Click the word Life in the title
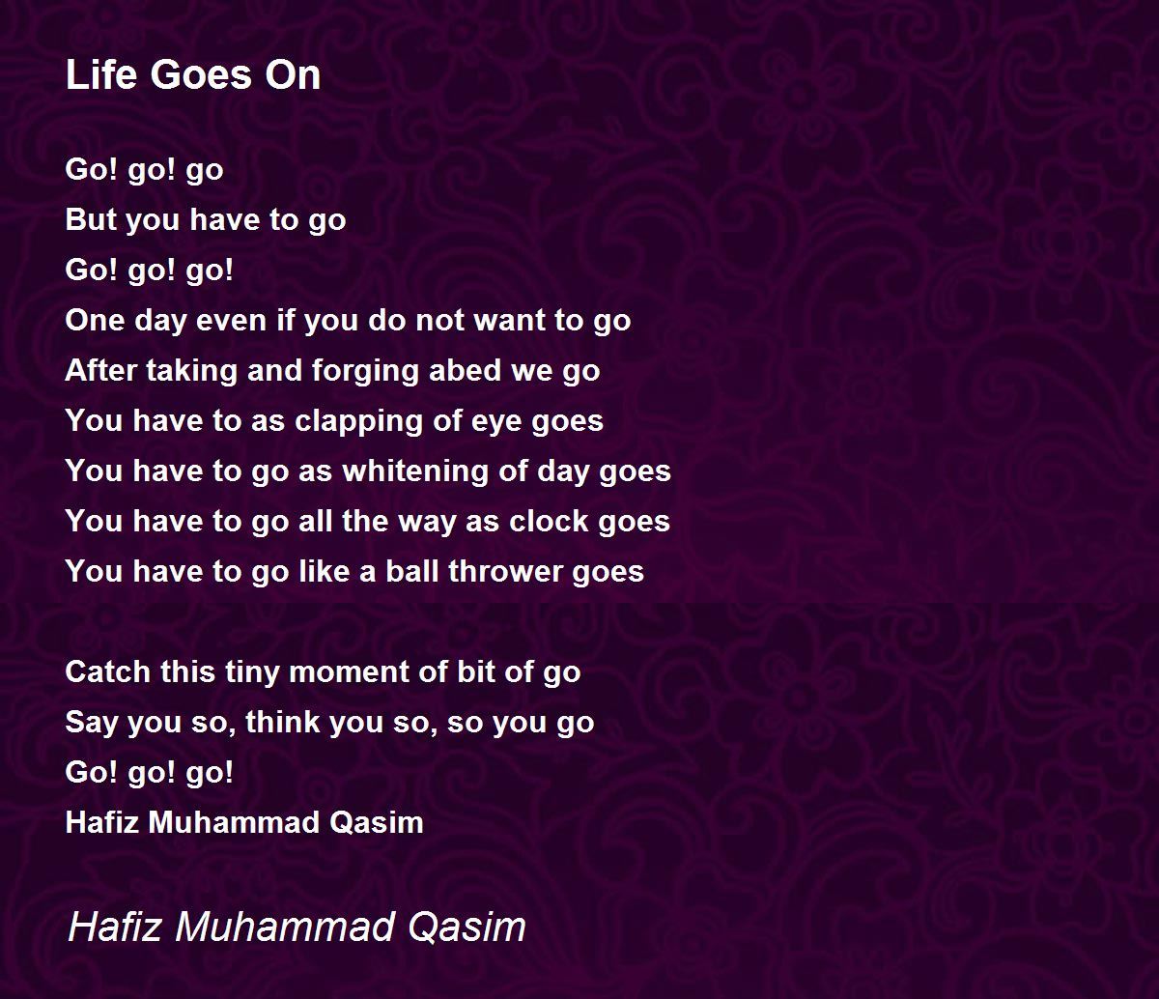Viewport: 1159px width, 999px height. point(100,74)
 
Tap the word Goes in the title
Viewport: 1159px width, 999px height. point(201,74)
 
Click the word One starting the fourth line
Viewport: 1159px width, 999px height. point(95,320)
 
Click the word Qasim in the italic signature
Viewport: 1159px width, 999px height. point(466,927)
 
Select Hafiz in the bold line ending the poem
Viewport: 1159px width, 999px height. point(102,822)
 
